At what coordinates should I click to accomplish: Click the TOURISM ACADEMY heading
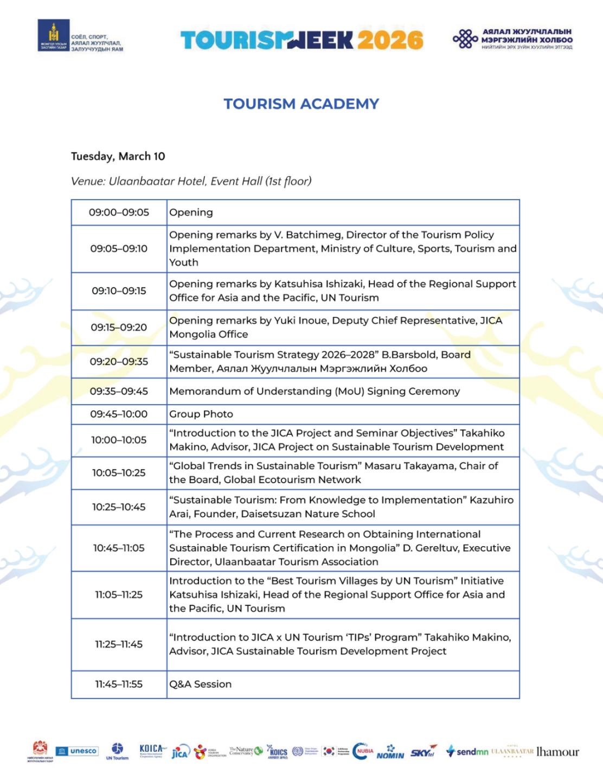point(301,104)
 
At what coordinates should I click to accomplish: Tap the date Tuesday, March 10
point(118,156)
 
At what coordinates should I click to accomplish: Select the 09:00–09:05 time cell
point(119,213)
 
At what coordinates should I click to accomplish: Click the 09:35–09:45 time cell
point(119,391)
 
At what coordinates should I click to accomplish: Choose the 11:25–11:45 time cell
point(119,644)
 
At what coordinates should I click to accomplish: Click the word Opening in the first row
point(191,213)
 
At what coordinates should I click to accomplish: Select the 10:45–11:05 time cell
point(119,548)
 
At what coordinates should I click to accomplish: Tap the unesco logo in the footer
point(76,751)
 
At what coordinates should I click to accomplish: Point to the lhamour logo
point(557,752)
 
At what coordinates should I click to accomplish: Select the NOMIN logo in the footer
point(390,753)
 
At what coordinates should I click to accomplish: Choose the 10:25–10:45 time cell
point(119,507)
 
